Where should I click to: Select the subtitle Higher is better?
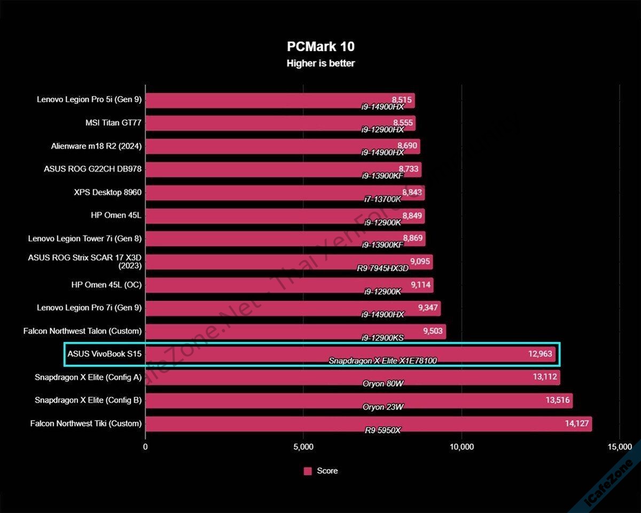tap(320, 63)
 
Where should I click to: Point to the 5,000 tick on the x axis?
tap(303, 447)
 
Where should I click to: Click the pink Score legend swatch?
tap(308, 471)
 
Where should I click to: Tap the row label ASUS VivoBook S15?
tap(105, 353)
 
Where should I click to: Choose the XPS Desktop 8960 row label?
tap(108, 192)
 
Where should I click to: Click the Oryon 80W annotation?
tap(382, 384)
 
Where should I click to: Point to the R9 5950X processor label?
tap(382, 430)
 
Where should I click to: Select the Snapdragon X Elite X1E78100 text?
tap(382, 361)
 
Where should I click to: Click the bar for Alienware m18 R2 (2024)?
tap(267, 145)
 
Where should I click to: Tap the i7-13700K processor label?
tap(382, 199)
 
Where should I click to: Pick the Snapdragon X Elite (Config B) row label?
tap(88, 400)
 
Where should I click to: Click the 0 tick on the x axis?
tap(145, 447)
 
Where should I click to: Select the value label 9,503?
tap(433, 330)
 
